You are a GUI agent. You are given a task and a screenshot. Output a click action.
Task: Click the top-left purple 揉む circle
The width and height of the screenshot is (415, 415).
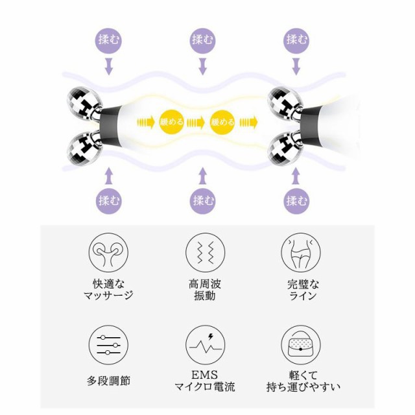click(x=108, y=38)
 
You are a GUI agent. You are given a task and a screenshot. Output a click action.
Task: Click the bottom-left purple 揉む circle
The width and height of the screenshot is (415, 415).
click(x=108, y=199)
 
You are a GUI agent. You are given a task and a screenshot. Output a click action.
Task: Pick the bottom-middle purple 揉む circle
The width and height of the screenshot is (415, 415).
click(x=204, y=199)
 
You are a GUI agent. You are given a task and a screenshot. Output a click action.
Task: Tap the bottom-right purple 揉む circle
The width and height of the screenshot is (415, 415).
click(x=297, y=199)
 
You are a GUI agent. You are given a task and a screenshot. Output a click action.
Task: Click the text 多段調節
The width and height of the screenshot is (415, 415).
click(x=108, y=380)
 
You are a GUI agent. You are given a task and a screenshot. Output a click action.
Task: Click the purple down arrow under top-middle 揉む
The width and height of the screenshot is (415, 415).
click(x=202, y=65)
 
